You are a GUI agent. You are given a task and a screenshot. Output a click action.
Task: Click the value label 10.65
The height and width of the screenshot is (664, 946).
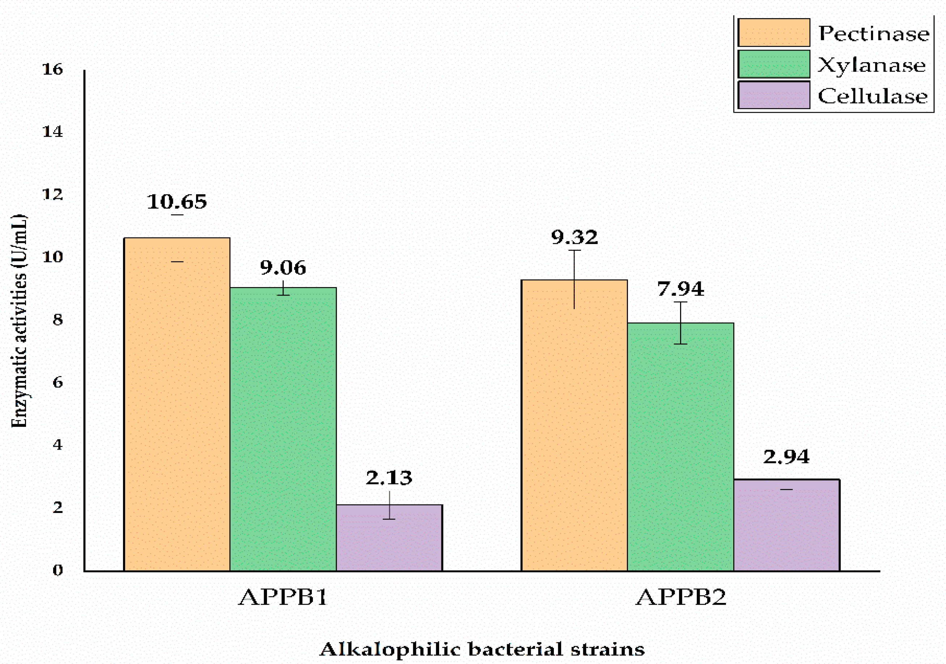177,202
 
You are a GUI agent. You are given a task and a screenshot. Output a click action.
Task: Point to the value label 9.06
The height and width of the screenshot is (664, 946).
283,268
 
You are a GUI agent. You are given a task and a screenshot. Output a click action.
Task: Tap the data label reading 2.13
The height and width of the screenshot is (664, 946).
389,477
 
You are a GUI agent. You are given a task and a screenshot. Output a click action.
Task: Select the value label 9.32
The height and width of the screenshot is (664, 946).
574,237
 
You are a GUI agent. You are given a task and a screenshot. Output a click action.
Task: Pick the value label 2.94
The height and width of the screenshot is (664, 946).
786,457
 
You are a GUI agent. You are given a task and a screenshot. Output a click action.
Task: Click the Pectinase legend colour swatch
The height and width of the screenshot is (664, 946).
773,33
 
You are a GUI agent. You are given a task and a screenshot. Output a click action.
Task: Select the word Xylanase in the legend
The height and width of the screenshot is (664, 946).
871,65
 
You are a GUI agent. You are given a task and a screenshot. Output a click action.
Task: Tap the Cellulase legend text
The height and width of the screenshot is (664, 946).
873,96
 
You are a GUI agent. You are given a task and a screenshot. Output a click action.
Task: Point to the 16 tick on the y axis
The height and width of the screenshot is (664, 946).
53,69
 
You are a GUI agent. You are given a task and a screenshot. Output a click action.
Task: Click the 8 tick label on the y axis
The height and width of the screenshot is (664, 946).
57,320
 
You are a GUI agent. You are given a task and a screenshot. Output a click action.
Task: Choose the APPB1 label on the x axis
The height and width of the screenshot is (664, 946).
283,597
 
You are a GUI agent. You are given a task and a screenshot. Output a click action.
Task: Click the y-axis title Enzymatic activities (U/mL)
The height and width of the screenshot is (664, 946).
19,321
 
